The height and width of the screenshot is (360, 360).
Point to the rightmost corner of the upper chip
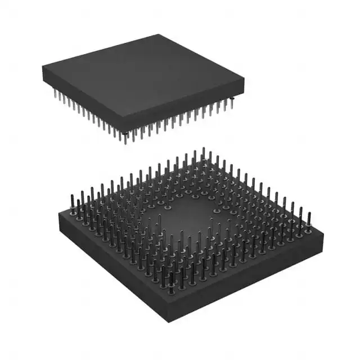coord(244,91)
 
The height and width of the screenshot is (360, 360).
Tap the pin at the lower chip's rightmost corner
coord(308,220)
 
